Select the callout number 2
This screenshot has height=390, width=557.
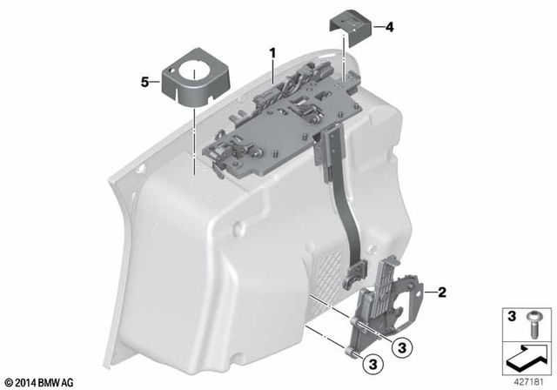pyautogui.click(x=441, y=292)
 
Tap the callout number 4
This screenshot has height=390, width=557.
pyautogui.click(x=389, y=27)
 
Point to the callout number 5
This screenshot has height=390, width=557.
pyautogui.click(x=144, y=83)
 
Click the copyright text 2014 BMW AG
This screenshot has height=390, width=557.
pyautogui.click(x=39, y=381)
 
